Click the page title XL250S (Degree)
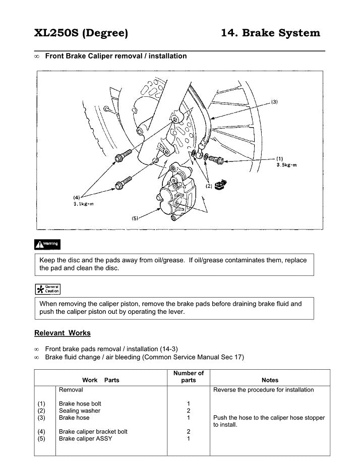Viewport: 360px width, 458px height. pos(81,33)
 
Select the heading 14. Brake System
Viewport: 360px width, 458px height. pos(270,33)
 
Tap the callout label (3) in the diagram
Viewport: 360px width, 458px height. pos(274,102)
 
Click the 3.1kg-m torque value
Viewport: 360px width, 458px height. pos(83,203)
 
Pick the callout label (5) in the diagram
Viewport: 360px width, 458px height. pos(135,218)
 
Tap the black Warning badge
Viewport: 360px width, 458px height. pos(47,245)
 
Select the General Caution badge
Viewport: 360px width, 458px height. pos(47,289)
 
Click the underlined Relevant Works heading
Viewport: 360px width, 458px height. pos(63,333)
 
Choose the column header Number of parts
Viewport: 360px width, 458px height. pos(188,376)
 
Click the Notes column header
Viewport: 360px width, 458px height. pos(270,380)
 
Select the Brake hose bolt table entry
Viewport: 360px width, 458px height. pos(80,404)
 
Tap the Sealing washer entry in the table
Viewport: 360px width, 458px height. pos(80,411)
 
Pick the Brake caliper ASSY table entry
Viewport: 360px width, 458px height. pos(86,438)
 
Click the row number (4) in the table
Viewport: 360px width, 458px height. pos(41,431)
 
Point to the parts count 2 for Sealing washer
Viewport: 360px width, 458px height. pos(188,411)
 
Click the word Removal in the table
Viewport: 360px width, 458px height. pos(71,389)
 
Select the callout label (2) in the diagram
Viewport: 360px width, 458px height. pos(209,187)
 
